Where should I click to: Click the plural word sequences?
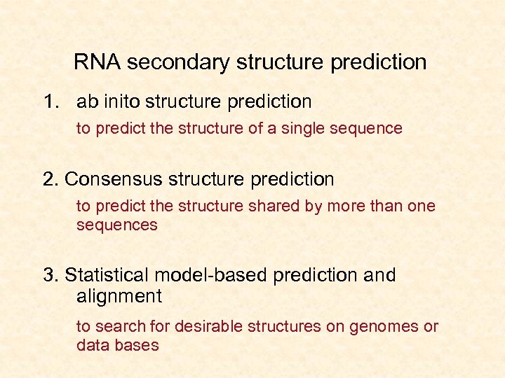(x=116, y=225)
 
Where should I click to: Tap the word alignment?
(x=119, y=296)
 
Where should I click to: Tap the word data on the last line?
(x=91, y=345)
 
